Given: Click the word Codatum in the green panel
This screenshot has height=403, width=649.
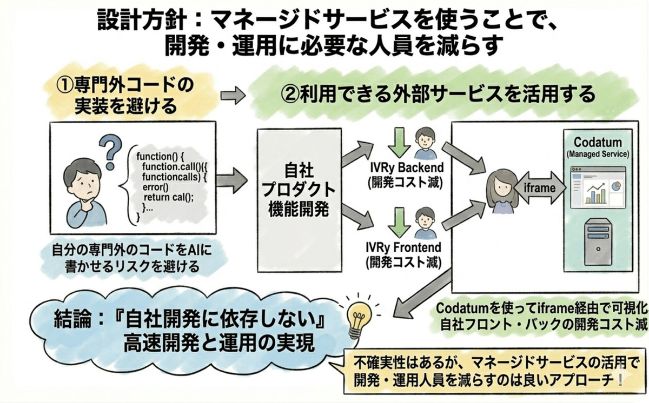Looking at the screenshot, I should [x=597, y=143].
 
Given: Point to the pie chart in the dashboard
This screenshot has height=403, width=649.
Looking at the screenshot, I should [x=615, y=186].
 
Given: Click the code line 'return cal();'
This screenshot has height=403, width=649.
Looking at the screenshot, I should [x=167, y=197].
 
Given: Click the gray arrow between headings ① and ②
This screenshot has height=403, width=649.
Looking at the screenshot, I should [x=233, y=96].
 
